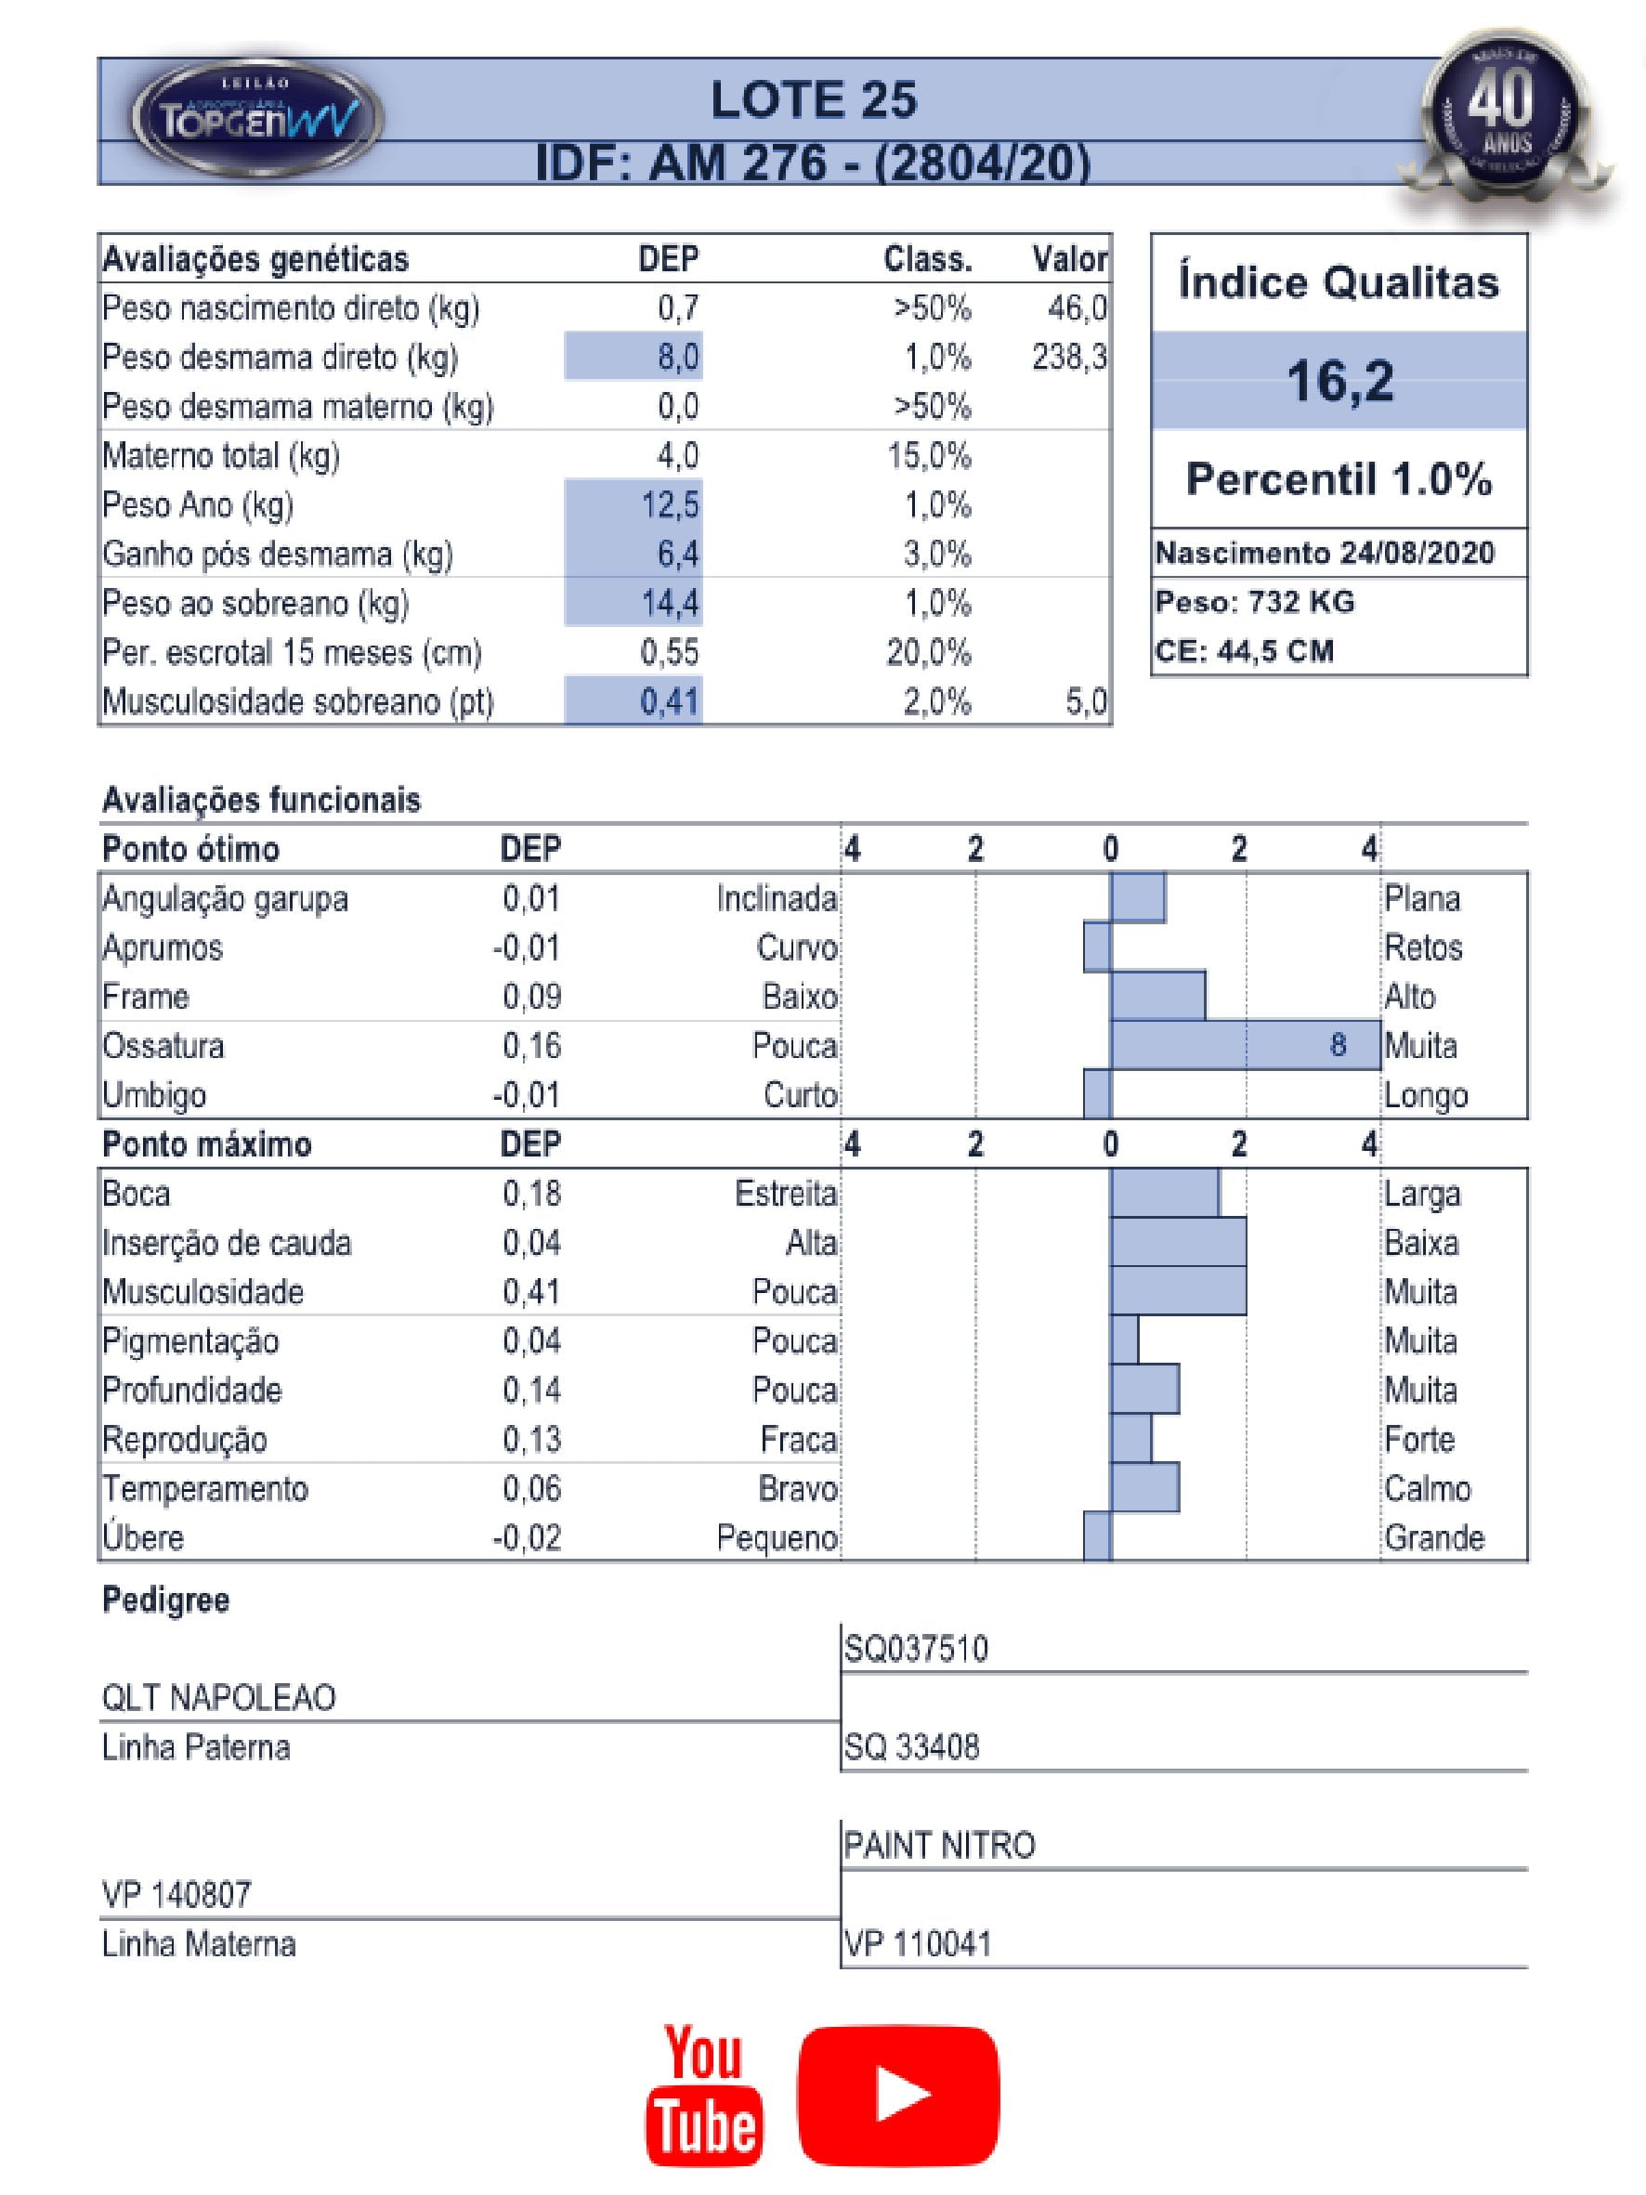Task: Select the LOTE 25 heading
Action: coord(814,100)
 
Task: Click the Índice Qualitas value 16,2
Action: coord(1339,380)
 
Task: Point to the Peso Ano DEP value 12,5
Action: coord(670,505)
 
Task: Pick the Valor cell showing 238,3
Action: coord(1068,358)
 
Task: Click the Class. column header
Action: coord(928,260)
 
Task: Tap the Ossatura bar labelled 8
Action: coord(1245,1045)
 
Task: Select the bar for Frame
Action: coord(1157,997)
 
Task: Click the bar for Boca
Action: coord(1165,1193)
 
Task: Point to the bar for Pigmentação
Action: coord(1124,1340)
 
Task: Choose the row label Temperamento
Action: coord(205,1488)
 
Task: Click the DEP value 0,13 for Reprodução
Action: coord(532,1439)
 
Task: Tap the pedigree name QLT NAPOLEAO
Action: coord(219,1698)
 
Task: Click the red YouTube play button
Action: coord(898,2094)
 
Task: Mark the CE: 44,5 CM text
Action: coord(1244,651)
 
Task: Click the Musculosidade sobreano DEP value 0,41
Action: coord(670,701)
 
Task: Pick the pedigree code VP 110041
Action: coord(918,1944)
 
